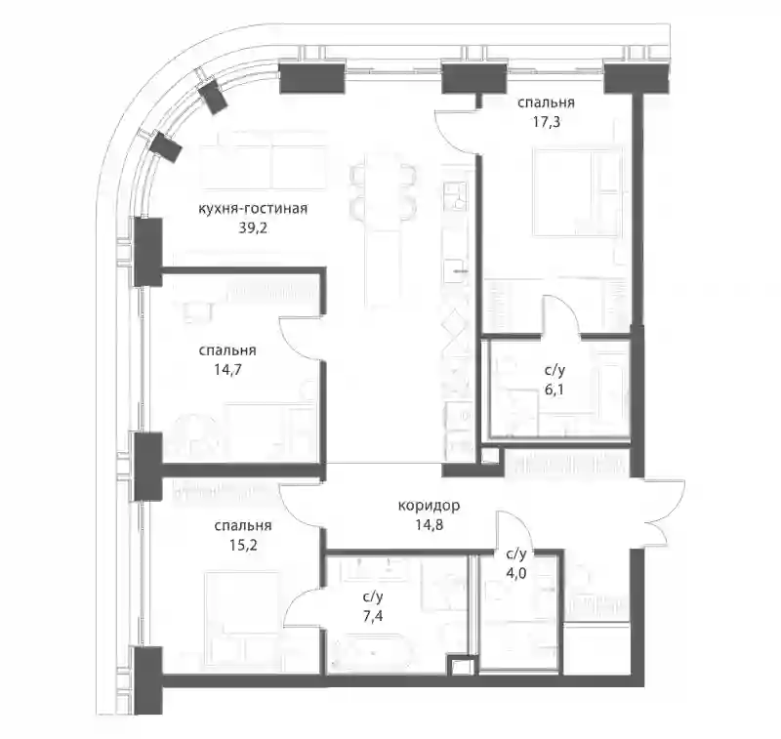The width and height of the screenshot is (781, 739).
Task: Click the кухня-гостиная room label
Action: click(253, 209)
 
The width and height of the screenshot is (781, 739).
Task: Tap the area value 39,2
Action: click(253, 228)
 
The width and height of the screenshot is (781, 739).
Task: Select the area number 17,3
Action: click(546, 121)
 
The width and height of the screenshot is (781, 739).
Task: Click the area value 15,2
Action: click(243, 545)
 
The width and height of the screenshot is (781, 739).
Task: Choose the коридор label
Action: click(429, 507)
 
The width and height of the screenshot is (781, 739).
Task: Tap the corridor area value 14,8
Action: click(429, 524)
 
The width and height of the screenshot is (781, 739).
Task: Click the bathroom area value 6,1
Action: click(555, 390)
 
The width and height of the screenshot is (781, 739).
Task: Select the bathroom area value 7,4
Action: click(373, 616)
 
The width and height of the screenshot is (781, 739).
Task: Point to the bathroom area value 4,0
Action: click(516, 573)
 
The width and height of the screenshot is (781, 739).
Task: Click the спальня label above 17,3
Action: click(546, 103)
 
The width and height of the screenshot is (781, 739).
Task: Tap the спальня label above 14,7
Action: click(227, 350)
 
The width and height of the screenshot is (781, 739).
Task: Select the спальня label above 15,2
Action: click(243, 526)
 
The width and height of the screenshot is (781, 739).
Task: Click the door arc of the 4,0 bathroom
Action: click(514, 530)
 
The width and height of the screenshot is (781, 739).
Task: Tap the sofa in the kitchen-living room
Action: click(263, 168)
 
